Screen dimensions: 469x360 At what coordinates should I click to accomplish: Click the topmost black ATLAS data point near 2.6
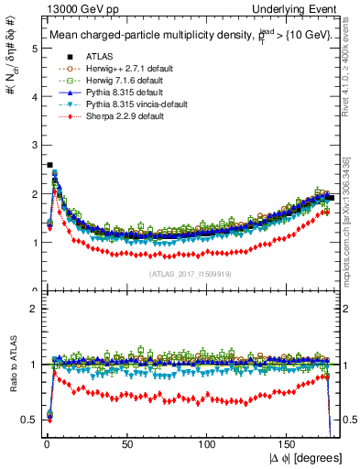tap(49, 166)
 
